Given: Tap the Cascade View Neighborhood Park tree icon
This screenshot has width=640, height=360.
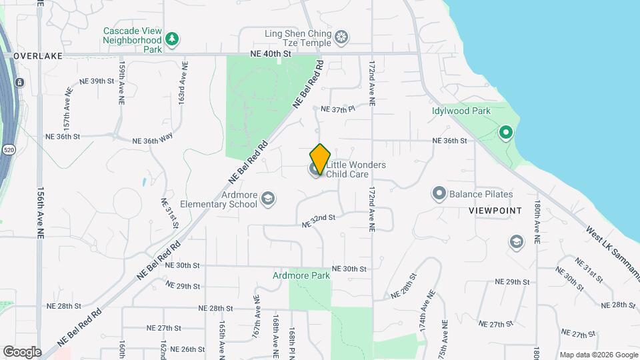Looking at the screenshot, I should pos(173,39).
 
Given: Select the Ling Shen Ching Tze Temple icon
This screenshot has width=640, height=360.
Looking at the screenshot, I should pos(341,36).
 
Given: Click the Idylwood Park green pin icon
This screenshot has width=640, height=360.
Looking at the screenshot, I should pos(506,133).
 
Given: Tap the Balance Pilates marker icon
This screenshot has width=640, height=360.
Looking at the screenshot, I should pos(439,194).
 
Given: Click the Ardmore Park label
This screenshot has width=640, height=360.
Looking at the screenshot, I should pos(301,275).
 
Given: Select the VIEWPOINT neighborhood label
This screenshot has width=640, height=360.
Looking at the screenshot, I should pos(495,210).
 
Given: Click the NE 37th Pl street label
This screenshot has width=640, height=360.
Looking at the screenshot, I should pos(337,109).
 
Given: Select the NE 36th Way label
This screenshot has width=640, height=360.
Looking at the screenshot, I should pos(153,141).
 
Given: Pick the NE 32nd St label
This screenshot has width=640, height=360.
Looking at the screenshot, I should pos(318,221).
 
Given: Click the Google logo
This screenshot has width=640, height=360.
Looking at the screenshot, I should pos(22,351).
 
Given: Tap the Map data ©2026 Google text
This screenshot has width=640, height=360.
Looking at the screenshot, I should pos(598,355).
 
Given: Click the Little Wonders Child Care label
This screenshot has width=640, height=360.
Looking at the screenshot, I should pos(356,169).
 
